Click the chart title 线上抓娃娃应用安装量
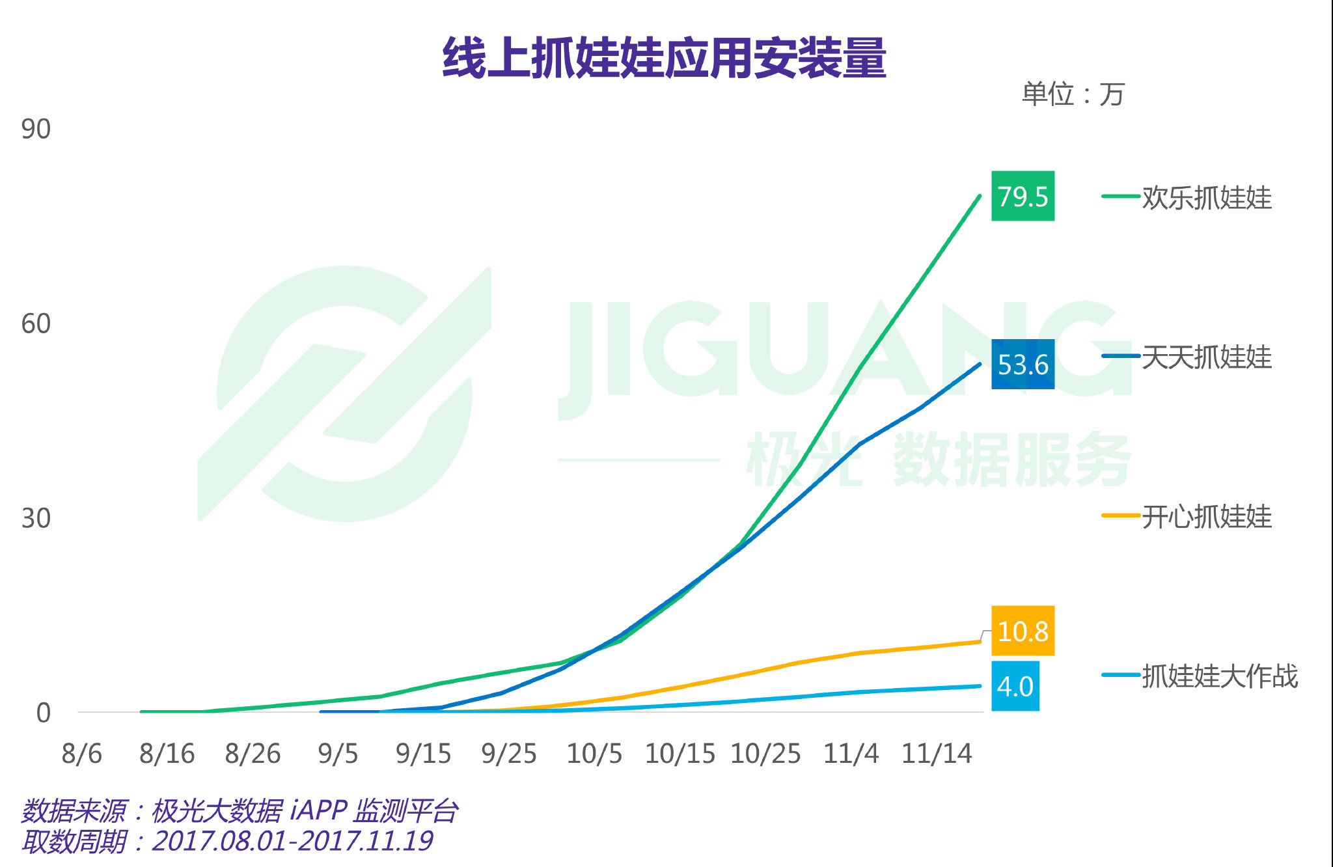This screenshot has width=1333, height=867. (664, 58)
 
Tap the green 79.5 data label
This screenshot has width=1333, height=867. (1023, 196)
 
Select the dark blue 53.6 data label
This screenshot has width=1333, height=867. (1023, 365)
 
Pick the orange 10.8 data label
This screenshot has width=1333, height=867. (1023, 631)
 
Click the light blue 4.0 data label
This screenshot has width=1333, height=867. (1015, 686)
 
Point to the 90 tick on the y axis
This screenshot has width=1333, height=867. (36, 129)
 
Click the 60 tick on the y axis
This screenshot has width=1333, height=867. (36, 323)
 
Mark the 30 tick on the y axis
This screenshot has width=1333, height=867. (36, 518)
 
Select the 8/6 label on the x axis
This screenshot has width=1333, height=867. (82, 754)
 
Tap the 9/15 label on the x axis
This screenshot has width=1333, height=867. (423, 754)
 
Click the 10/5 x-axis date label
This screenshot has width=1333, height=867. (594, 754)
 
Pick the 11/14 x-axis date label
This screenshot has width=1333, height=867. (937, 754)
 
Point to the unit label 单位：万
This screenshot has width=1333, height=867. (1073, 94)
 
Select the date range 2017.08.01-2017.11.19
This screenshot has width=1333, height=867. (292, 841)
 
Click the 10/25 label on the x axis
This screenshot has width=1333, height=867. (765, 754)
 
